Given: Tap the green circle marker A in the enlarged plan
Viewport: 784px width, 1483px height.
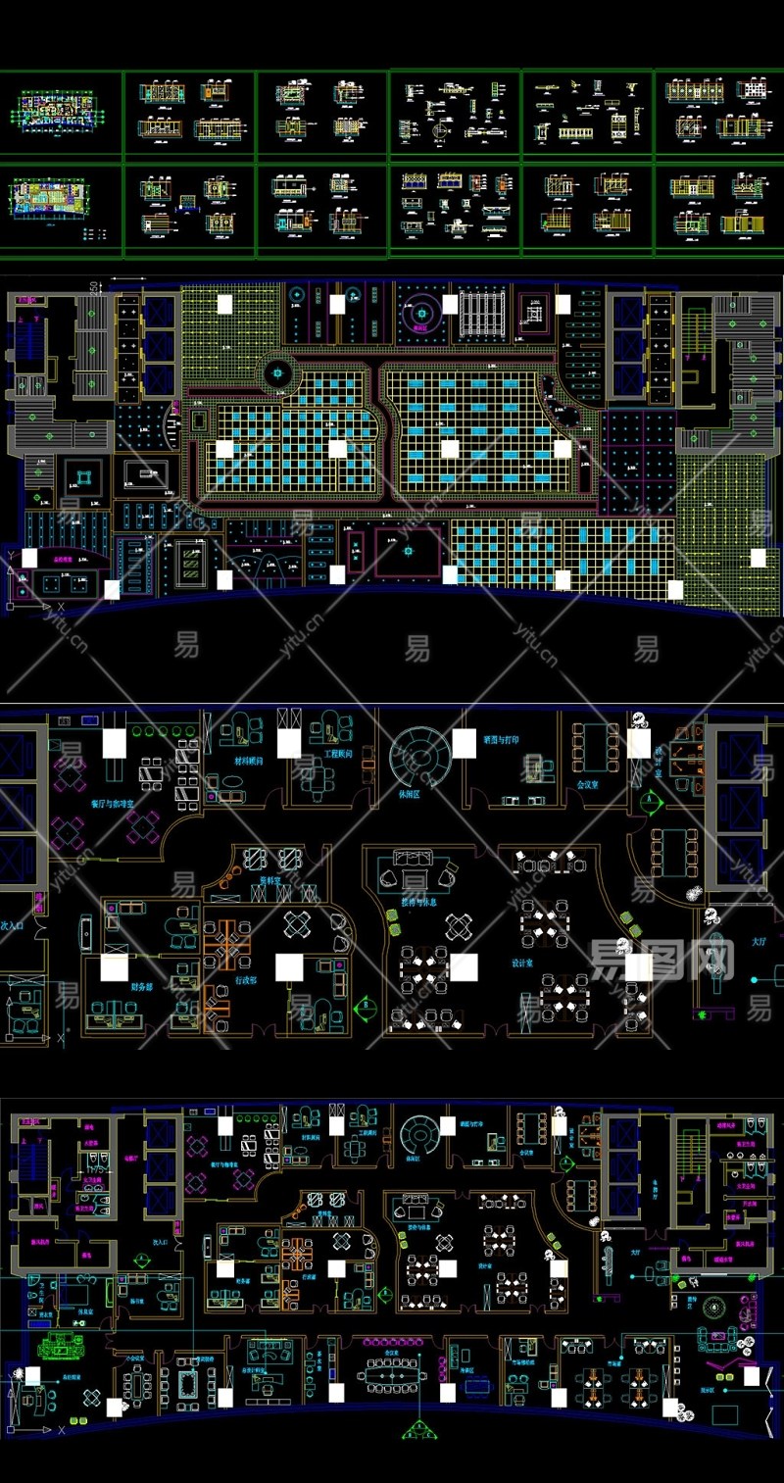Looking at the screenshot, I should [x=648, y=800].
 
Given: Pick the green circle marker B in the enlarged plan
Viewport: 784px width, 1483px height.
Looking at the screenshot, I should [x=367, y=1004].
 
